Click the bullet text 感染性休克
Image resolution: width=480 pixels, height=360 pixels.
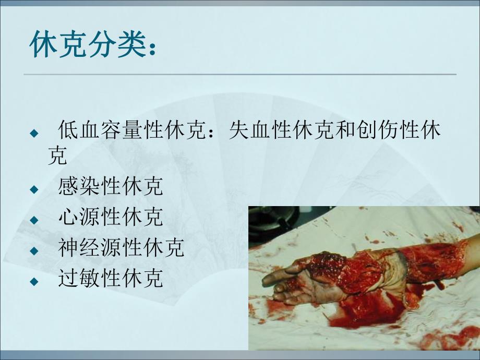coord(111,187)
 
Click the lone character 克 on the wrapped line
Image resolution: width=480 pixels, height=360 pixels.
coord(57,156)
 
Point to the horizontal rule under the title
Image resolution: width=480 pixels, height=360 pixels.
coord(240,74)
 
